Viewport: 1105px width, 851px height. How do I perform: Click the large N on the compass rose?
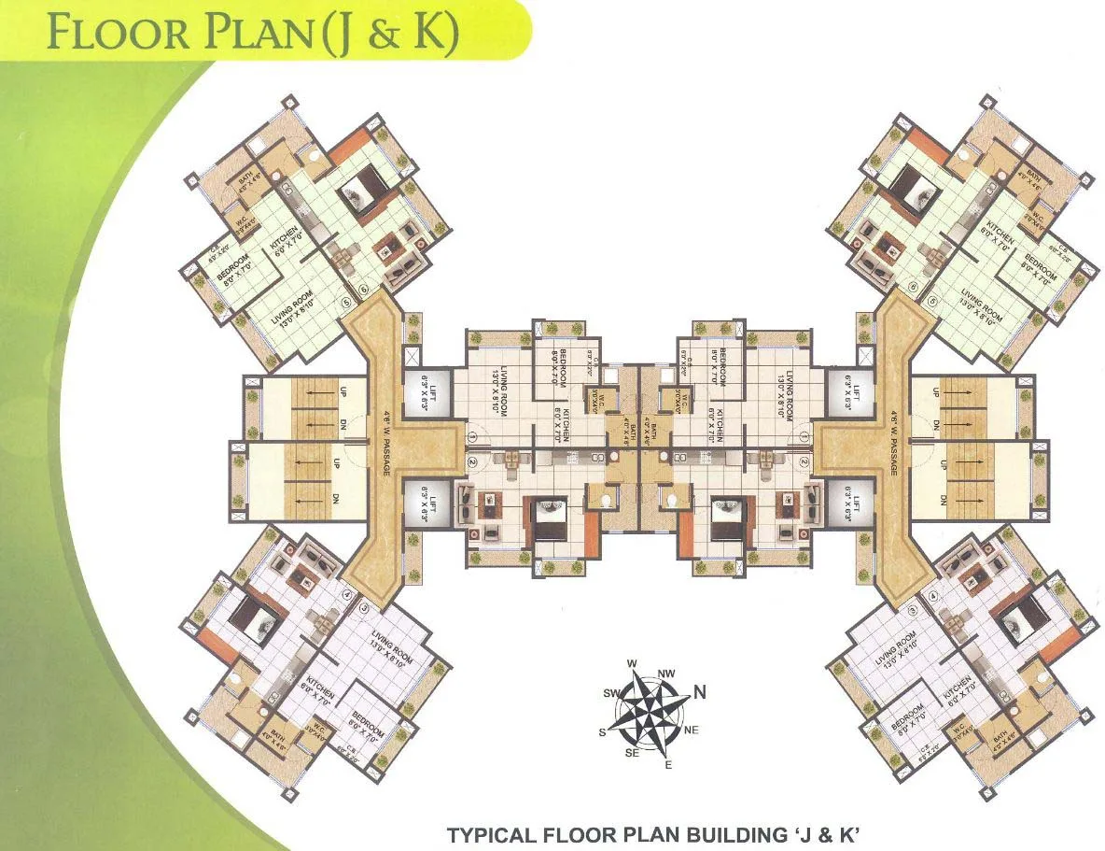coord(699,692)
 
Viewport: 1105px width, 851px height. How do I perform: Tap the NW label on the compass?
coord(666,673)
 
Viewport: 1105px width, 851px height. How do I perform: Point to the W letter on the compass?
coord(631,664)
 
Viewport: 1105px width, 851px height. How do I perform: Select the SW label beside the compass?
coord(612,694)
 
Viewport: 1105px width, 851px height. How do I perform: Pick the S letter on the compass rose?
coord(603,732)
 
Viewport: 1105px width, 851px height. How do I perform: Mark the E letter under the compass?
coord(668,765)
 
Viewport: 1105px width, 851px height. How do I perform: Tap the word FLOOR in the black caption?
coord(583,833)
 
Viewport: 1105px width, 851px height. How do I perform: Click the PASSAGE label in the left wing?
coord(384,461)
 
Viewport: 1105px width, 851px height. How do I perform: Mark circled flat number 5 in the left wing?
coord(346,303)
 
